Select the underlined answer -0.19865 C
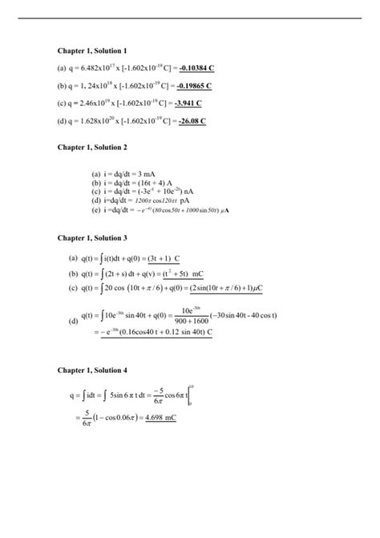(194, 86)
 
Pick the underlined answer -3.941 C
(189, 103)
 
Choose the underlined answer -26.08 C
(192, 121)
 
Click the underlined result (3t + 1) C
(162, 259)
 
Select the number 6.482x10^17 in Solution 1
(91, 68)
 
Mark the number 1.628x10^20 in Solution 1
(93, 121)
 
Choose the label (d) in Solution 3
(74, 322)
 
